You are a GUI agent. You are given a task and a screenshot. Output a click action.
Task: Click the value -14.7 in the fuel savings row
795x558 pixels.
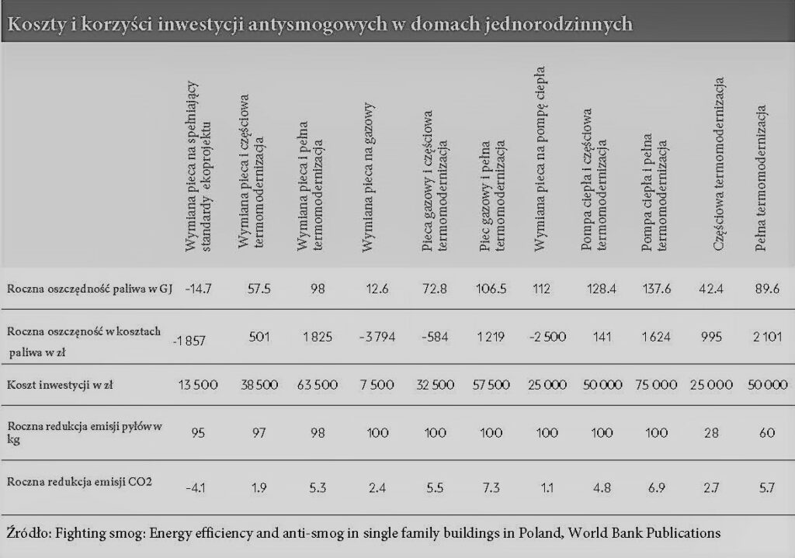click(x=198, y=289)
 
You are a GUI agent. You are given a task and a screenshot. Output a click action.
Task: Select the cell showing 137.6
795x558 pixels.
click(x=657, y=289)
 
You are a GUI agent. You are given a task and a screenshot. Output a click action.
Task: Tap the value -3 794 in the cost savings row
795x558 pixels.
click(x=377, y=337)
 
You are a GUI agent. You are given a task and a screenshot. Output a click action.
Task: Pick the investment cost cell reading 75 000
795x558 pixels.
click(x=656, y=385)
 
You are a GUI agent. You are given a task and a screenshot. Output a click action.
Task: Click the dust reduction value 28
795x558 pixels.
click(x=711, y=433)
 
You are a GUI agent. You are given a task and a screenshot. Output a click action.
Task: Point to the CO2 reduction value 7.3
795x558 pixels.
click(x=491, y=488)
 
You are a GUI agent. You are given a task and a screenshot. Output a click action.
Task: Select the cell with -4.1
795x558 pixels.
click(x=196, y=488)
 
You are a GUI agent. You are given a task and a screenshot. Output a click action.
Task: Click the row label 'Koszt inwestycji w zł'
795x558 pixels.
click(x=60, y=385)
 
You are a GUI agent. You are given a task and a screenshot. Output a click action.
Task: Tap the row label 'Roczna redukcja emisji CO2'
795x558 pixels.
click(x=80, y=481)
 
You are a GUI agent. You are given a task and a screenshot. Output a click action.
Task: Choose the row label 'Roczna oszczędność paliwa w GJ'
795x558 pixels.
click(x=90, y=289)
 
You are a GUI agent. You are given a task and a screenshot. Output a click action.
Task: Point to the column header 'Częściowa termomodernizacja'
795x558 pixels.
click(x=718, y=165)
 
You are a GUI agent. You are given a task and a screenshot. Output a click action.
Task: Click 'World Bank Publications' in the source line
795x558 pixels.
click(x=644, y=533)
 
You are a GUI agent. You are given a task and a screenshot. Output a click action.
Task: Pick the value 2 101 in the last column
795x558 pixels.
click(x=767, y=337)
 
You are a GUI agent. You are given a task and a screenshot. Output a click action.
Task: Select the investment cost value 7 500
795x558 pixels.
click(x=377, y=385)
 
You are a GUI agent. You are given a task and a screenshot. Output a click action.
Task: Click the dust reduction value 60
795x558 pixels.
click(x=767, y=433)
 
